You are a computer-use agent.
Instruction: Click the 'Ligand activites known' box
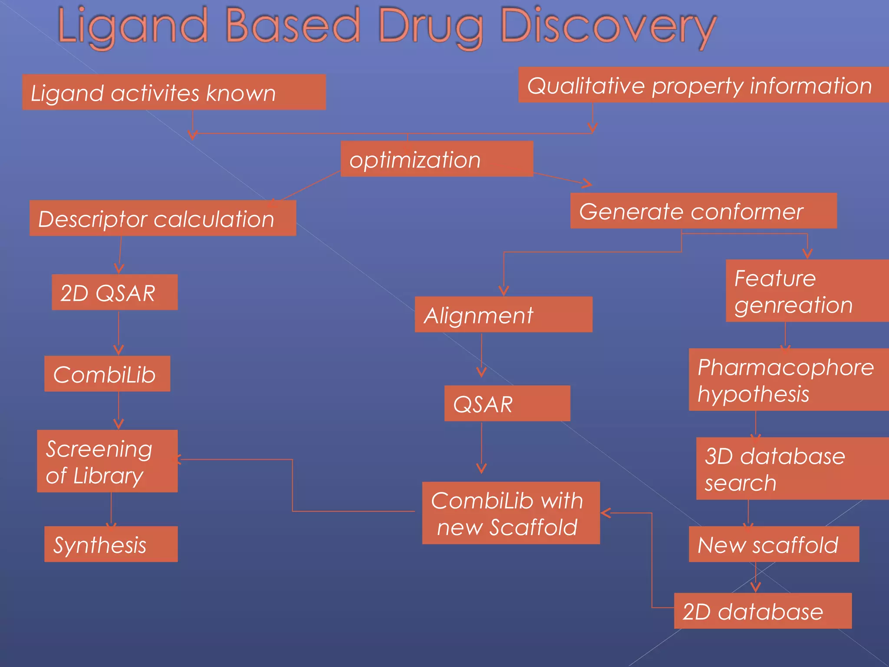point(174,92)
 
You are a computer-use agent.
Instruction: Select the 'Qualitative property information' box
point(703,85)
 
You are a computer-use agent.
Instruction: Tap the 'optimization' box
point(436,159)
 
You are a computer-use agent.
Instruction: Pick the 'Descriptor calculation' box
point(163,218)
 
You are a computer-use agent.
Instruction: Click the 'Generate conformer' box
point(703,211)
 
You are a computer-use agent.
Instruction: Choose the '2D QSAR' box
point(115,292)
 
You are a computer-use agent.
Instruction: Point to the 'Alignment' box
point(504,314)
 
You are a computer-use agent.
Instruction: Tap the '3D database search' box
point(792,469)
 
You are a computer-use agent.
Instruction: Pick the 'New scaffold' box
point(774,544)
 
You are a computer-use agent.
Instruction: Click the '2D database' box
point(763,611)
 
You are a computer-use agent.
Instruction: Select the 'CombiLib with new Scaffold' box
point(511,513)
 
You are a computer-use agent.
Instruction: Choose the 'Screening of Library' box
point(107,461)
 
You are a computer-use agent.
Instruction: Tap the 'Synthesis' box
point(111,544)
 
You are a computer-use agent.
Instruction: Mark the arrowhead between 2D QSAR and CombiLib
point(119,350)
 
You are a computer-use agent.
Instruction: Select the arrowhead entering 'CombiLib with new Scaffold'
point(606,513)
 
